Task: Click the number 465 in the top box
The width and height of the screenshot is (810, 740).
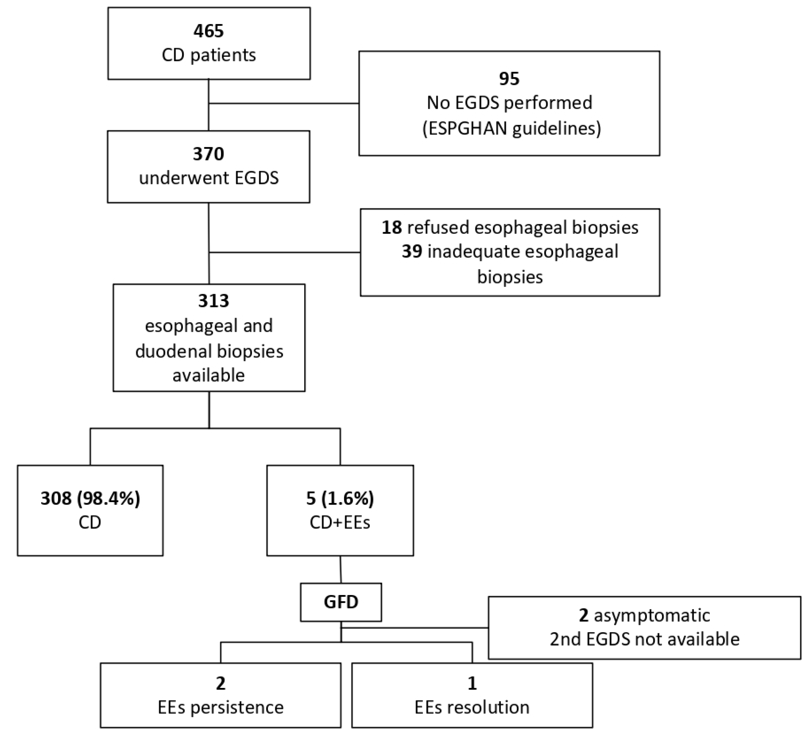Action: coord(208,31)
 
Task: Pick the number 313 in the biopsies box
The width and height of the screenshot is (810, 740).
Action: coord(213,301)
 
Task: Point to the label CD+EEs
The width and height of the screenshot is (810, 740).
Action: coord(340,522)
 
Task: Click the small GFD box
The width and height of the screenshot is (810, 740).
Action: coord(341,602)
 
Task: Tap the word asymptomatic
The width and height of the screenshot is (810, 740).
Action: coord(652,615)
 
